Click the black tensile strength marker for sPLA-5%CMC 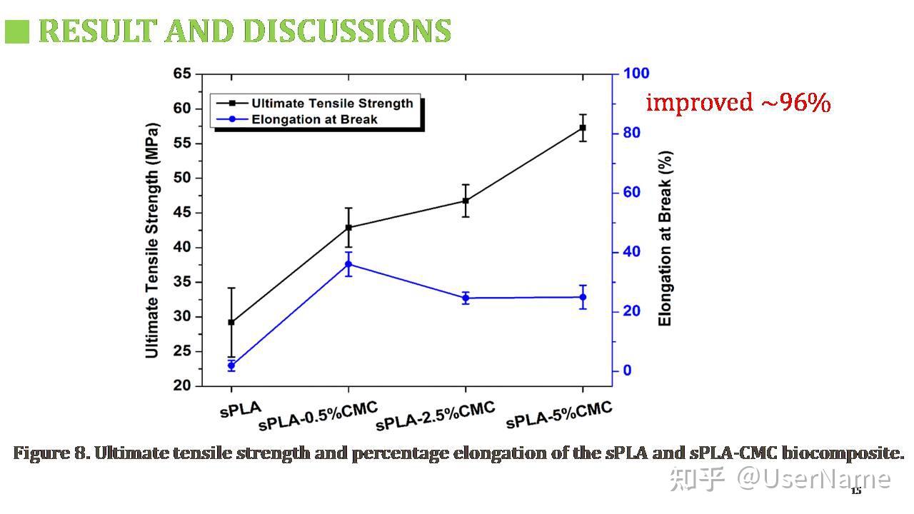[x=583, y=128]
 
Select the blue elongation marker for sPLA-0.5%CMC [x=348, y=264]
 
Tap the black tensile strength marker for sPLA [x=231, y=322]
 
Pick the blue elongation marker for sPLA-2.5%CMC [x=466, y=298]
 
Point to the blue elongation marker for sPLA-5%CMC [x=583, y=297]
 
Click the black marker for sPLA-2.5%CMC [x=466, y=201]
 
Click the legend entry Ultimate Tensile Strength [x=332, y=104]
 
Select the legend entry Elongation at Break [x=314, y=119]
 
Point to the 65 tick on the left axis [x=182, y=74]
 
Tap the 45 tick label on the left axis [x=182, y=212]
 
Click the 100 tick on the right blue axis [x=636, y=74]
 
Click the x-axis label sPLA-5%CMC [x=559, y=415]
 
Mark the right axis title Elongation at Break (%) [x=666, y=238]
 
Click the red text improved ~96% [x=738, y=102]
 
